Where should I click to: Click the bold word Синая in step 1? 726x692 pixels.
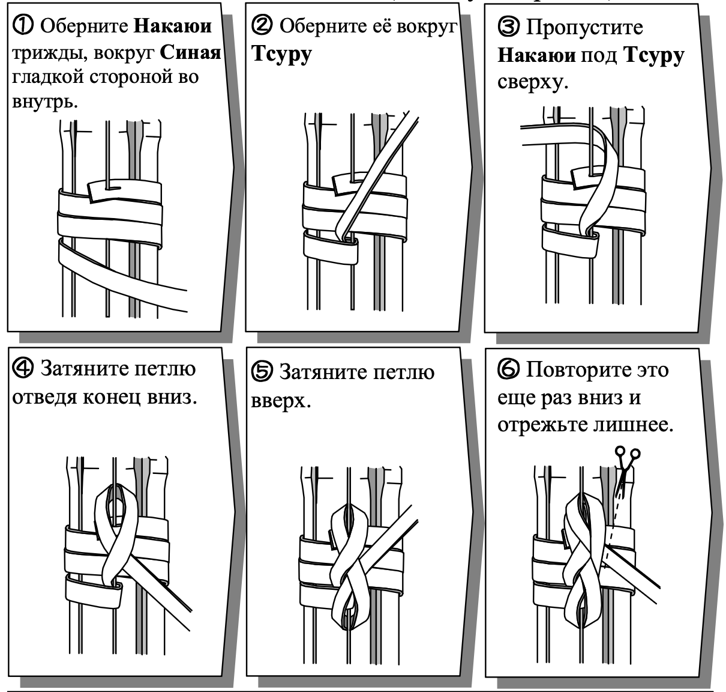pyautogui.click(x=191, y=53)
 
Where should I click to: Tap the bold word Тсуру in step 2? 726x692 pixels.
pyautogui.click(x=281, y=54)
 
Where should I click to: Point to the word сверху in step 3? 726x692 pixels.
pyautogui.click(x=531, y=81)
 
